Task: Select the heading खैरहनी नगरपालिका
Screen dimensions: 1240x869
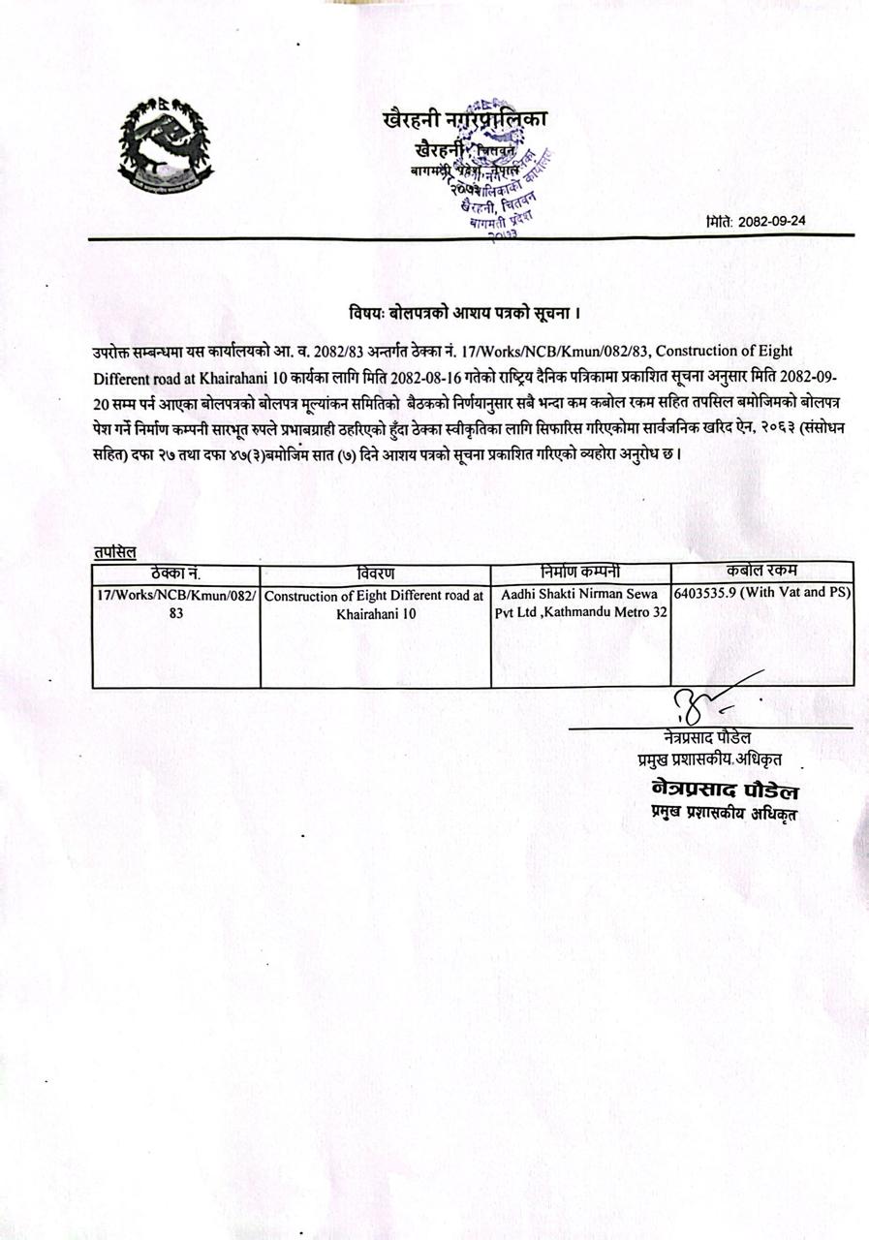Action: (x=465, y=119)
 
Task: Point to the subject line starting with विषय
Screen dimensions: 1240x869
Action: (x=465, y=314)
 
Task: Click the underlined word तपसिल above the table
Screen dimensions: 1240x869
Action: (x=114, y=552)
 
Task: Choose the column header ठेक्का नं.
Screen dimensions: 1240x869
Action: (x=175, y=573)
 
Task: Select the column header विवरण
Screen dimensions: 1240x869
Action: (x=375, y=573)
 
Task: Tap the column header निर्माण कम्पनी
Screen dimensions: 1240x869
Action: (x=580, y=572)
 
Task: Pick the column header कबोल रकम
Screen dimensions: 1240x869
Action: (x=761, y=571)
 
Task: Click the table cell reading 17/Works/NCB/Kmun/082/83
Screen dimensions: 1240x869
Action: (x=176, y=604)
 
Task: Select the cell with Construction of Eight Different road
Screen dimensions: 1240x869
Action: (x=375, y=605)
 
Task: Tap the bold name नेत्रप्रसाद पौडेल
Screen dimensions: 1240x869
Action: (x=726, y=792)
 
